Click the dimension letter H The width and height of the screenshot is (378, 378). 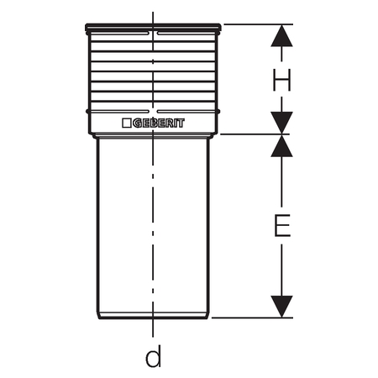point(281,80)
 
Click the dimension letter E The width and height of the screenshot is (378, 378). point(282,226)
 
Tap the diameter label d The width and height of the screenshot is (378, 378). point(154,356)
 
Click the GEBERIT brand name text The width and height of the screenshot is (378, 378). point(159,123)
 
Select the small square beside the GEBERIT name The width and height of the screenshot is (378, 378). point(127,123)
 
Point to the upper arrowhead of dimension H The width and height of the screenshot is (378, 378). point(281,36)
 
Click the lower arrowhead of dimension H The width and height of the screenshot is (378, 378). point(281,123)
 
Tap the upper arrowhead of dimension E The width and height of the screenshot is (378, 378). point(281,146)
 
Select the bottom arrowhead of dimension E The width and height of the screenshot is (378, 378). point(281,307)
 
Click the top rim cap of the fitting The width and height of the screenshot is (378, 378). point(153,28)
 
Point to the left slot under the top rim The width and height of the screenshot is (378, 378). point(119,34)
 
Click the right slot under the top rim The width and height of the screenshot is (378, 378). point(186,34)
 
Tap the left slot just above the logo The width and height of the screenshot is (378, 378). point(119,112)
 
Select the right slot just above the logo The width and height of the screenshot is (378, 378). point(186,112)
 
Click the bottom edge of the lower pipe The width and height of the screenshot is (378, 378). point(153,318)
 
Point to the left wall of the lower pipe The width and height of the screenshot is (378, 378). point(97,228)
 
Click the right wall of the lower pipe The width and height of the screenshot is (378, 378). point(208,228)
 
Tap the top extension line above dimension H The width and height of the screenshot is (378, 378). point(258,24)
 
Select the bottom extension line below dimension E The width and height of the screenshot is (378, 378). point(252,318)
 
